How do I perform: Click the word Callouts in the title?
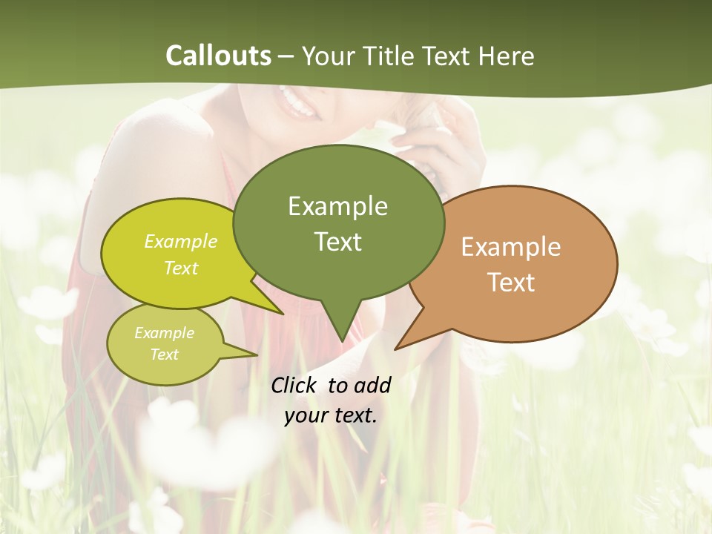218,56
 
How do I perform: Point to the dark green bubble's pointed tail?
341,326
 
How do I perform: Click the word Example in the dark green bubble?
337,205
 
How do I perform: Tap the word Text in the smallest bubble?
164,355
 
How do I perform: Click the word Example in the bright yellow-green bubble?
180,242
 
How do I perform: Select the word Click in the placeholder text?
294,385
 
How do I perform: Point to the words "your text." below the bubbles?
330,415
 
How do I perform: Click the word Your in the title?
329,56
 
